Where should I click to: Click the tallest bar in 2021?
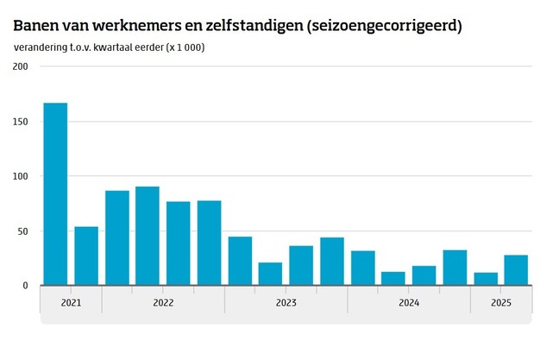[55, 194]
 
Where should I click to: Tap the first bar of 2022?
[117, 238]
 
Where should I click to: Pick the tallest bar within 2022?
[148, 237]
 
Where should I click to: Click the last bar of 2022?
[209, 243]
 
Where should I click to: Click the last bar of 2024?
[455, 268]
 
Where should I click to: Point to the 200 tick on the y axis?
[20, 67]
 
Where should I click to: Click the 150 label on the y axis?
[20, 122]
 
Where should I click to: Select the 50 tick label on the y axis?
[22, 231]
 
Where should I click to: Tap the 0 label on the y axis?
[26, 286]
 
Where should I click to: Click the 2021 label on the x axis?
[71, 303]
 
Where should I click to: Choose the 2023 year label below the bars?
[286, 303]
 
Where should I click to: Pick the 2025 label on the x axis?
[500, 303]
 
